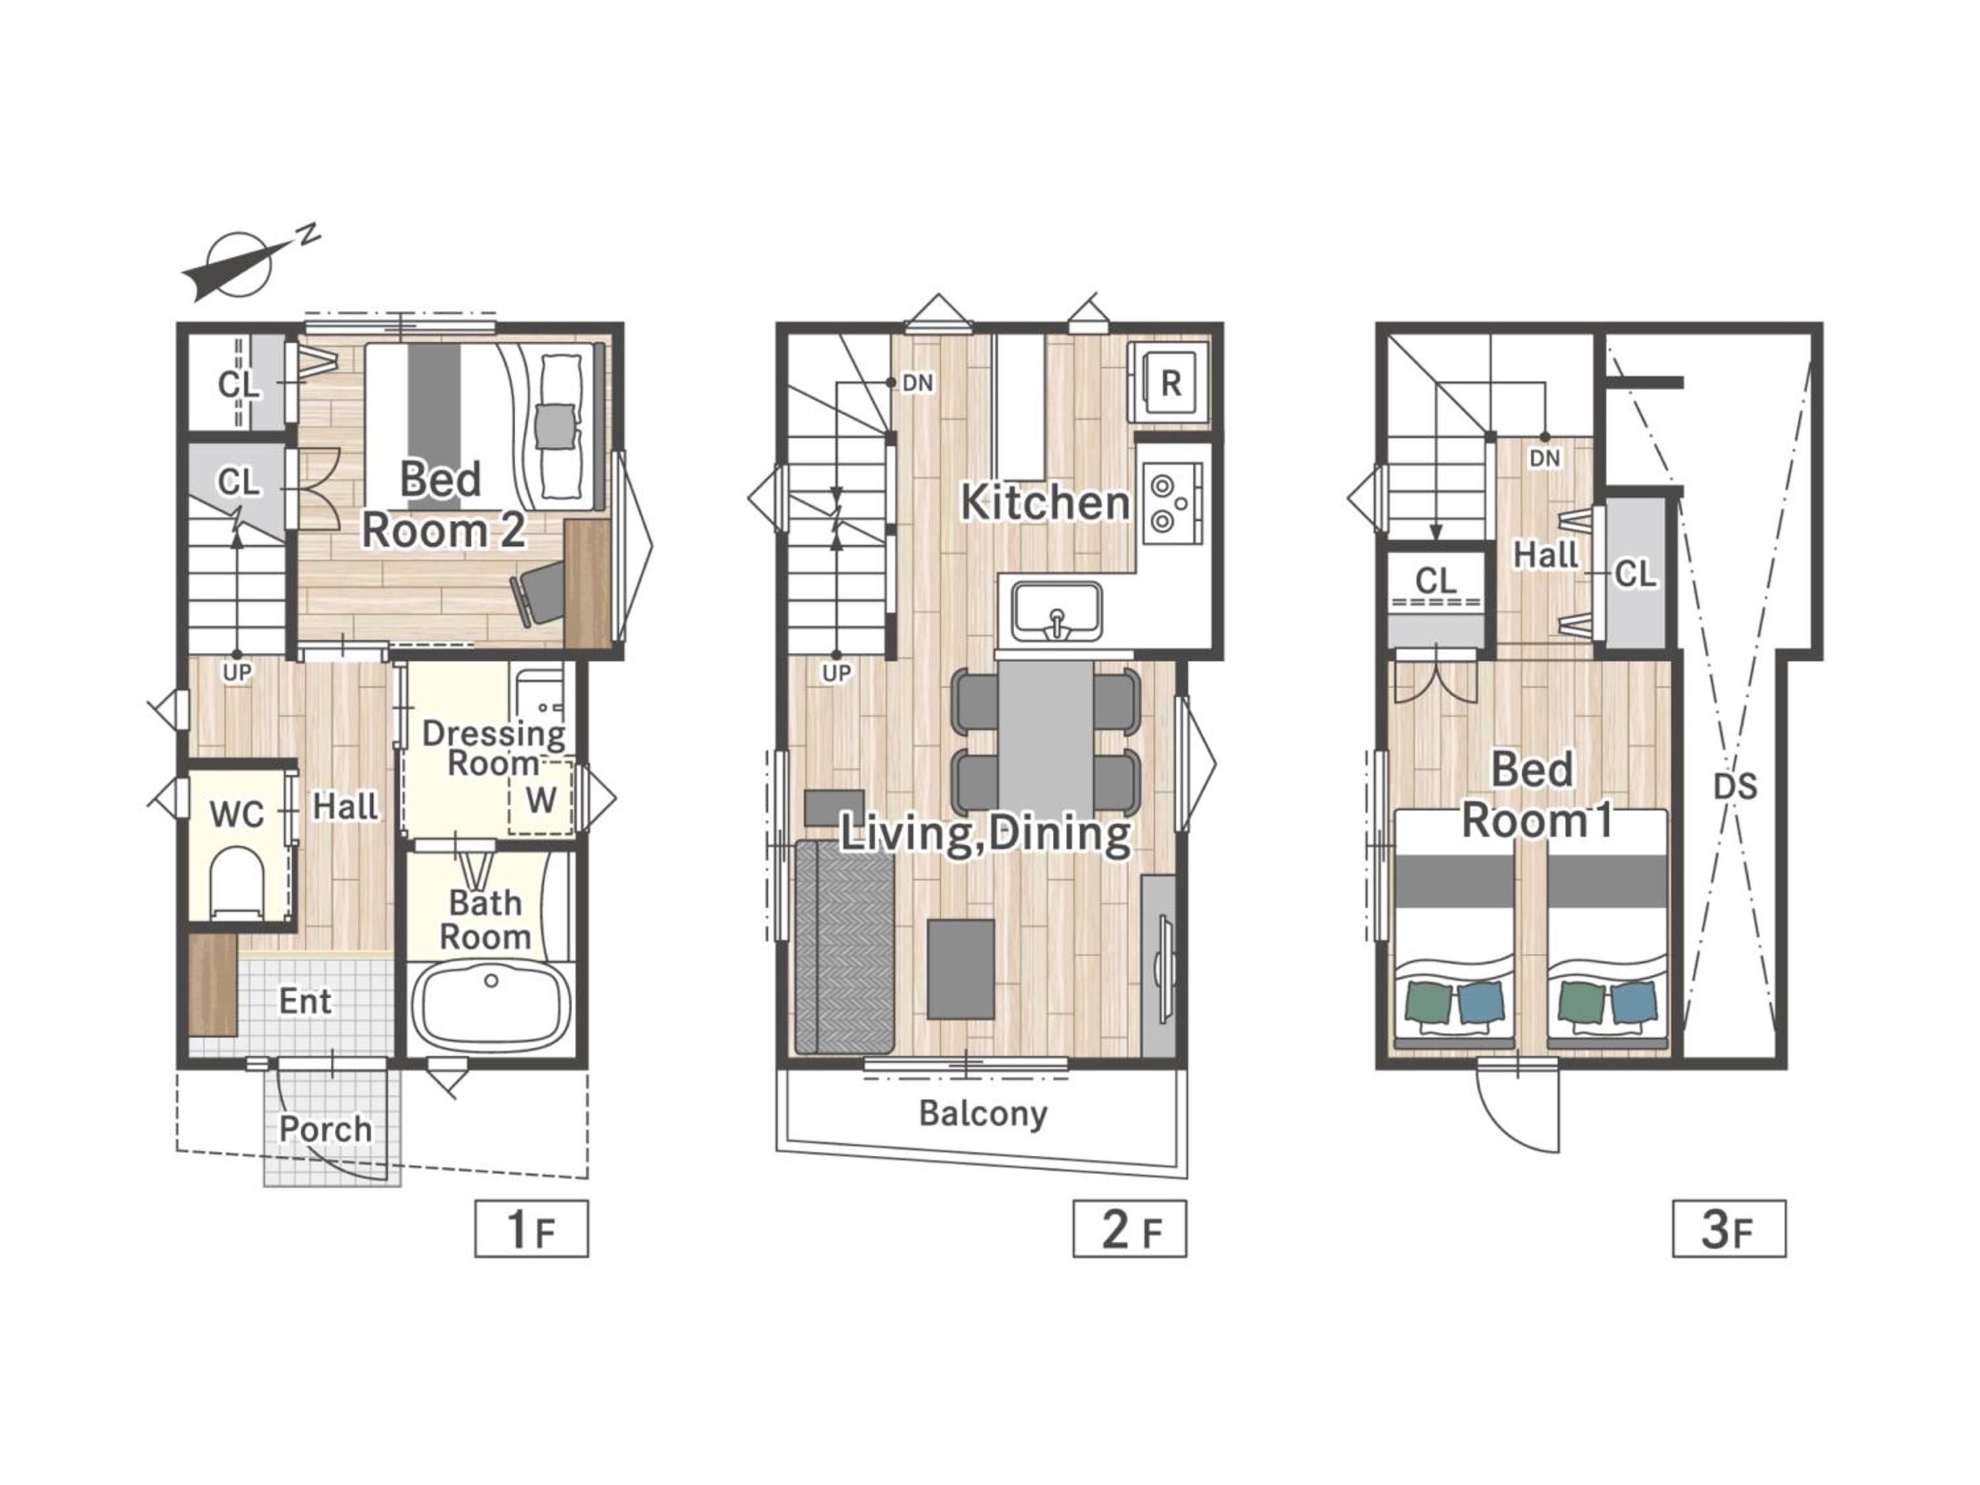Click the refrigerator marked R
pos(1168,382)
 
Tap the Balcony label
pos(983,1113)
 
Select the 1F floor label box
pos(532,1228)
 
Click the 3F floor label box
pos(1729,1228)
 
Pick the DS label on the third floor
pos(1734,786)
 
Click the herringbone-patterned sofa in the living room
pos(845,947)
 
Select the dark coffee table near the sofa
pos(960,968)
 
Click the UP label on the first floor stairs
pos(237,673)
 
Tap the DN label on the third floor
pos(1545,458)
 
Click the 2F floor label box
pos(1130,1228)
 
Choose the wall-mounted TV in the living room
pos(1159,966)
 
